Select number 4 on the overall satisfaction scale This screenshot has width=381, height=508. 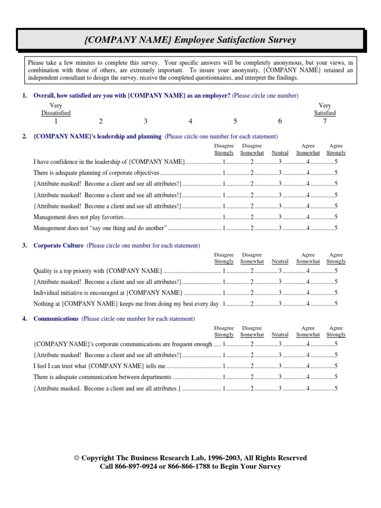tap(190, 121)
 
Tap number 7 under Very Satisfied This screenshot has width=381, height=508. tap(325, 121)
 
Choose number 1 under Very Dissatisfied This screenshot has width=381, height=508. tap(56, 121)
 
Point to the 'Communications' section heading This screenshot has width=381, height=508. tap(56, 319)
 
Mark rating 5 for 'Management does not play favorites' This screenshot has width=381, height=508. tap(336, 217)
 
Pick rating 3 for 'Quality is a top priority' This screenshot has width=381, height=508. tap(280, 271)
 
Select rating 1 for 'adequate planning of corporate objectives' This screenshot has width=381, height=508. tap(224, 173)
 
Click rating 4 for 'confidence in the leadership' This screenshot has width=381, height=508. tap(308, 162)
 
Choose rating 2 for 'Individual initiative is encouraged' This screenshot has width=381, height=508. tap(252, 293)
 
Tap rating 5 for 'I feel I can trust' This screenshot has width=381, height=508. tap(336, 366)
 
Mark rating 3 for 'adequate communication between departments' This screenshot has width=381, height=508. tap(280, 378)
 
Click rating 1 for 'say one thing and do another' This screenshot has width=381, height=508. tap(224, 228)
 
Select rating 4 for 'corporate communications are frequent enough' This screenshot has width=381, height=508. tap(308, 344)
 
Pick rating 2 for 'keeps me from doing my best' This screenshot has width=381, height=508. tap(252, 304)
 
